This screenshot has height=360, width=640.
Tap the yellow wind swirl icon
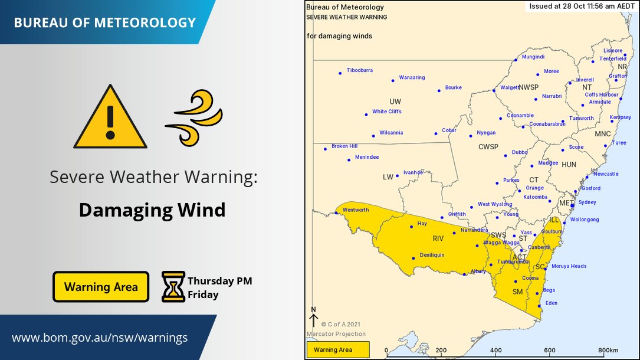coord(194,117)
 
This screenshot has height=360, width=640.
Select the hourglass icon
coord(173,286)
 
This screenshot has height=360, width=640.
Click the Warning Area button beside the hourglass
coord(101,287)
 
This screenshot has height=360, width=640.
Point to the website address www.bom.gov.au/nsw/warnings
coord(100,338)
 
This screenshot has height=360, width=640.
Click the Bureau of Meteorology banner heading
coord(104,23)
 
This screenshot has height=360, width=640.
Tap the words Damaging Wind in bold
coord(152,210)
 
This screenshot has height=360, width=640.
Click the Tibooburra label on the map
coord(359,70)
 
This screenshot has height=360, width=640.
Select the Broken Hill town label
coord(344,146)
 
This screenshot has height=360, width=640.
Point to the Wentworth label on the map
coord(356,210)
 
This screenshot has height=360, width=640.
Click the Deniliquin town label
coord(432,256)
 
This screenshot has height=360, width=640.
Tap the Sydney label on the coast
coord(588,202)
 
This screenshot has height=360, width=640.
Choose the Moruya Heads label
coord(569,266)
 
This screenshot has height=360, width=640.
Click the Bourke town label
coord(453,88)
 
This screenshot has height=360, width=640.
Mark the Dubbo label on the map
coord(519,152)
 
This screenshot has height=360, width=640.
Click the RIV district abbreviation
coord(438,239)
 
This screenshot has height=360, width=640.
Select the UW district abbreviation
coord(395,102)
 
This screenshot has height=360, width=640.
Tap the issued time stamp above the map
coord(581,6)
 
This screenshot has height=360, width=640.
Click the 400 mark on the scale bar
coord(495,350)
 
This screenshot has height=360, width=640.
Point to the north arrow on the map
coord(313,318)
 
